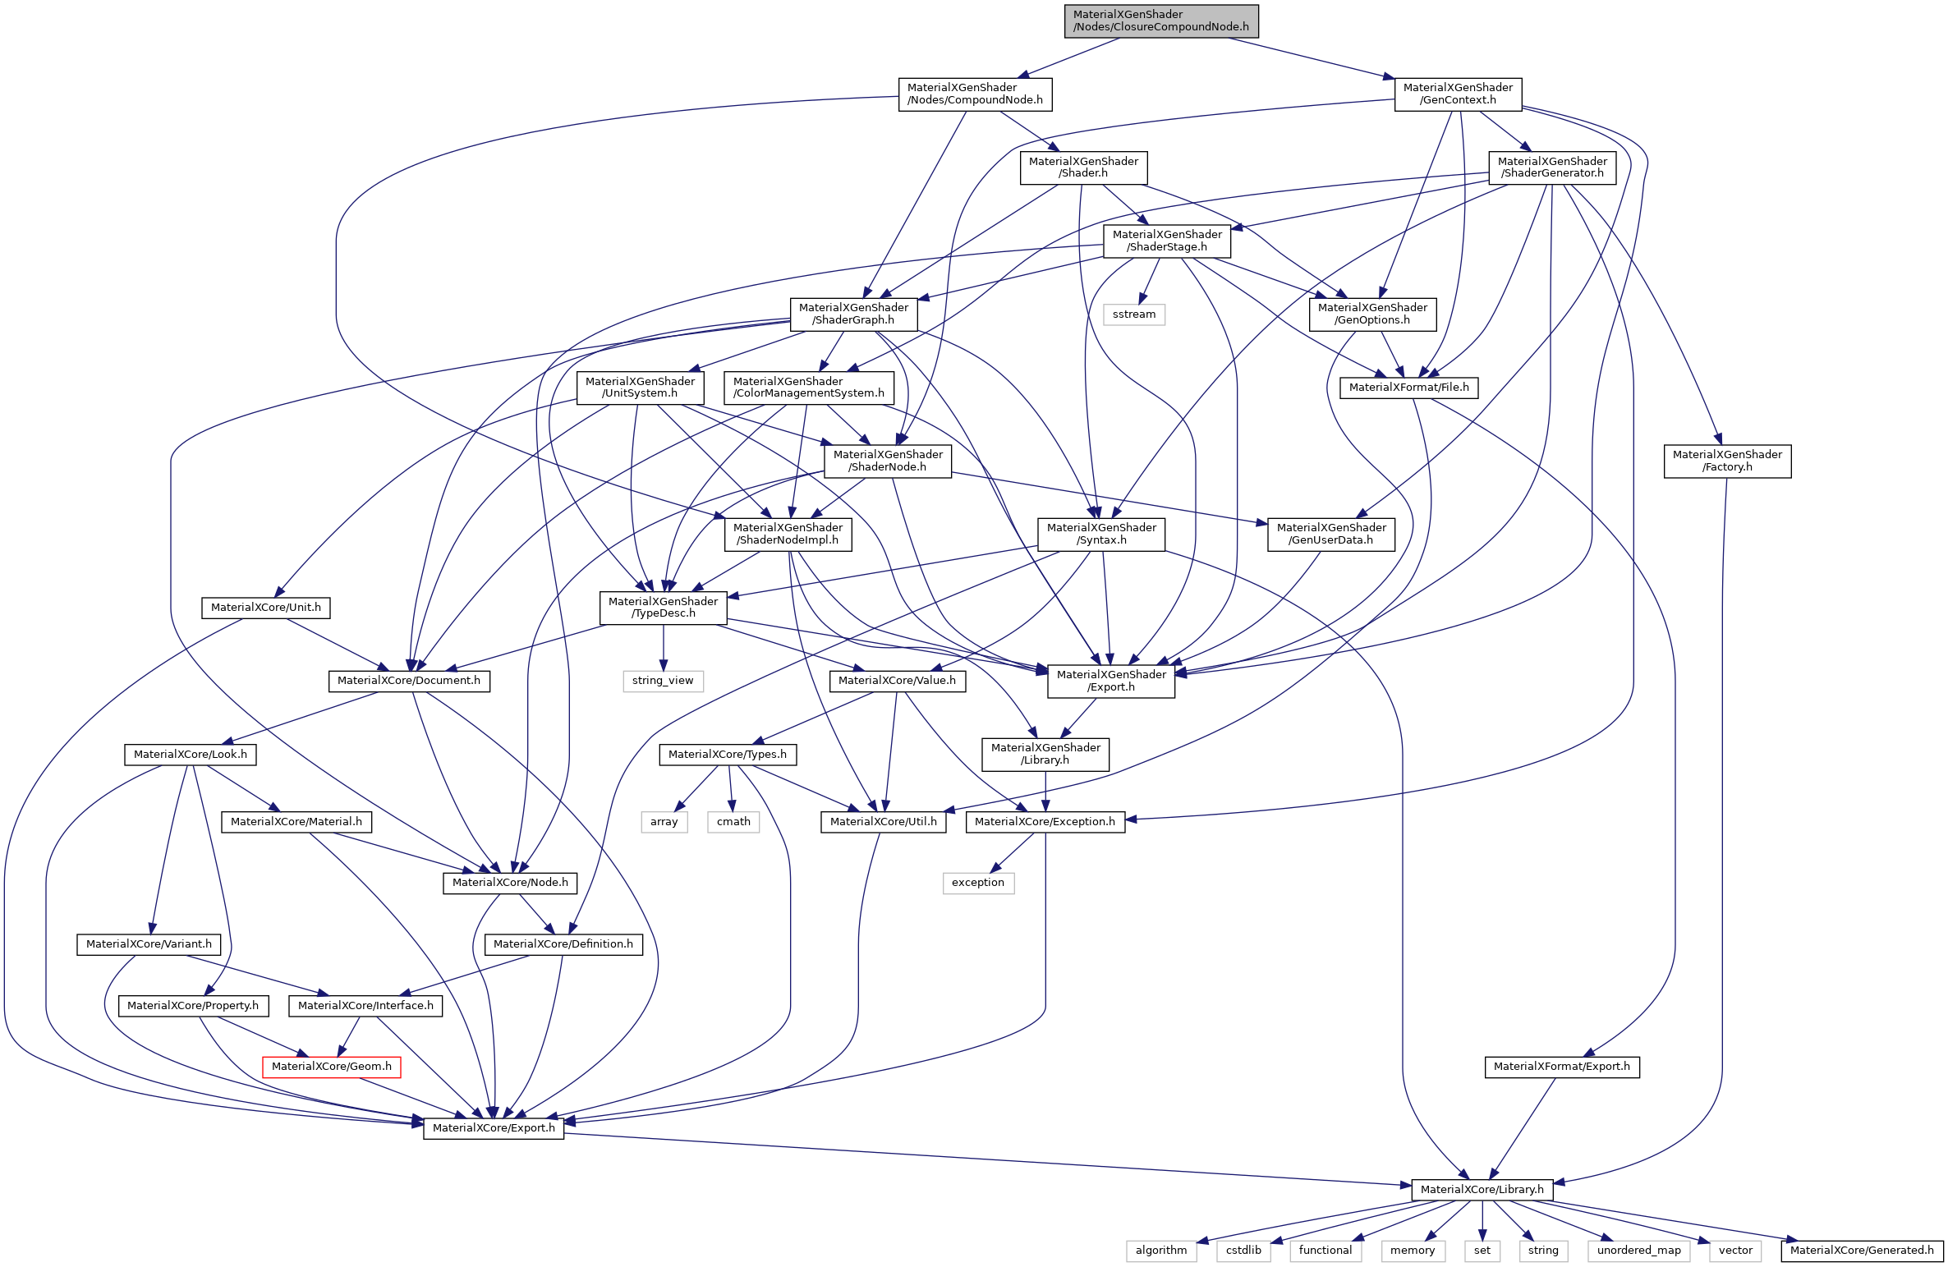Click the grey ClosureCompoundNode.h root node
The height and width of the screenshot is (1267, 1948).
[1160, 21]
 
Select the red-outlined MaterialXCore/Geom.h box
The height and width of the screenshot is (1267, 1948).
[331, 1067]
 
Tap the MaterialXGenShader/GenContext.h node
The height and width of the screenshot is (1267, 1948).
[1457, 94]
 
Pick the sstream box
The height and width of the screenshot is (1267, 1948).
[1133, 314]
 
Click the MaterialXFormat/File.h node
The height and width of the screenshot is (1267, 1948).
[1408, 388]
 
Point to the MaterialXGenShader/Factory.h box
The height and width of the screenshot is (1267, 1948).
[1726, 461]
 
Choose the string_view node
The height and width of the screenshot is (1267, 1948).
[662, 681]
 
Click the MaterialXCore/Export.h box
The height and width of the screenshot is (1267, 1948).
[493, 1128]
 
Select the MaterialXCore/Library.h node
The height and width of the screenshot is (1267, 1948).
[1482, 1190]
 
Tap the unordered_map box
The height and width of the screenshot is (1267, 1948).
[1638, 1251]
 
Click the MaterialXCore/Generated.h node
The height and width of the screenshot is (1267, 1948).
[1862, 1251]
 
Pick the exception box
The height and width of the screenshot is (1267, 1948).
[977, 883]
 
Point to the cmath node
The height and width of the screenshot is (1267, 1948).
[733, 822]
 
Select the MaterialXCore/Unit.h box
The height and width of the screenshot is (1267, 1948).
[265, 608]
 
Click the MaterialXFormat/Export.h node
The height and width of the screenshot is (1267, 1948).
[1561, 1067]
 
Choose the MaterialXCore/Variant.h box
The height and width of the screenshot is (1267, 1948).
[149, 944]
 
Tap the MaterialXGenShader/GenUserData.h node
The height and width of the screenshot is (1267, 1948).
[1330, 534]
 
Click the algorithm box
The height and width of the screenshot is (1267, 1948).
[1160, 1251]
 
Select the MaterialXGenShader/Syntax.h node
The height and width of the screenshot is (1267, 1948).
[1101, 534]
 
